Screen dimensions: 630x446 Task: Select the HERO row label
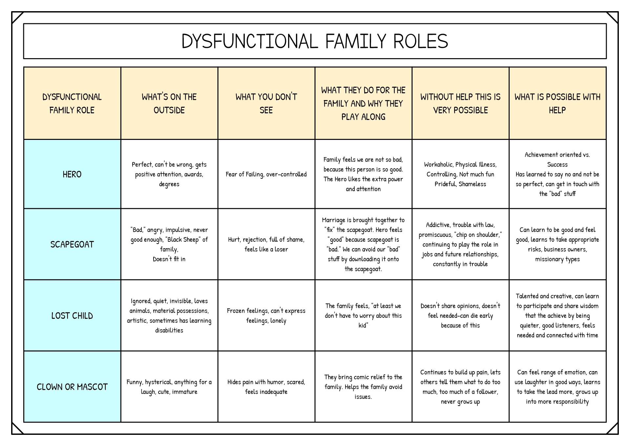pos(72,174)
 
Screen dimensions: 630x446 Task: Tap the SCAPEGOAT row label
pos(72,244)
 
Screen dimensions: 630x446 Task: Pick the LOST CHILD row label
pos(72,316)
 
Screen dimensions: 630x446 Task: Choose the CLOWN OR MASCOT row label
pos(72,387)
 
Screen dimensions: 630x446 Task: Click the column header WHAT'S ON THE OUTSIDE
pos(169,103)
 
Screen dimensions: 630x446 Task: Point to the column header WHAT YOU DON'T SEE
pos(266,103)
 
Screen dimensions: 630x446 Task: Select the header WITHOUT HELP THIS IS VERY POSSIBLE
pos(460,103)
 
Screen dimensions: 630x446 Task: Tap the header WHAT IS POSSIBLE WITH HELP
pos(557,103)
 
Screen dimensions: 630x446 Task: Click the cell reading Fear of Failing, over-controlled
pos(266,174)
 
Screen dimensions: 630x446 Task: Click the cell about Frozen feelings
pos(266,316)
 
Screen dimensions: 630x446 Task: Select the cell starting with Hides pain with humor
pos(266,387)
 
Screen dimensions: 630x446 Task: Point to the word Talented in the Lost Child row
pos(527,296)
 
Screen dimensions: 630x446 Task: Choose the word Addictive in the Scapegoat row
pos(437,225)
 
